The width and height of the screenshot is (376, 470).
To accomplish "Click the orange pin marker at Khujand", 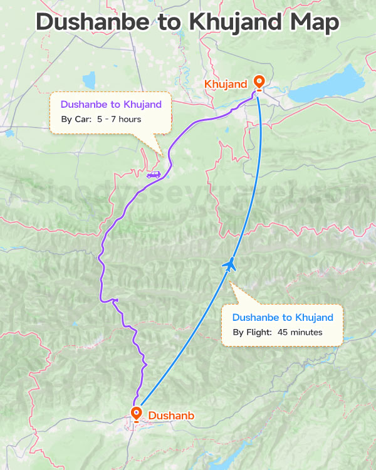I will click(x=259, y=82).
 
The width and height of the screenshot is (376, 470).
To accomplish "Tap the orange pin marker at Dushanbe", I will click(x=136, y=413).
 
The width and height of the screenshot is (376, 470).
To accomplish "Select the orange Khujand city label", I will click(x=226, y=84).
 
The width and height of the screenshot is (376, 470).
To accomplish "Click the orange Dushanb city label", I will click(x=171, y=415).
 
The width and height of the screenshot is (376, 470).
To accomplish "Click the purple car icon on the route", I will click(x=153, y=175).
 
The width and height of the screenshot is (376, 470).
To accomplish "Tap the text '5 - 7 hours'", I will click(x=119, y=119).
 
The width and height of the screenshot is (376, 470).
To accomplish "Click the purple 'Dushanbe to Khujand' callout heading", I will click(x=111, y=104).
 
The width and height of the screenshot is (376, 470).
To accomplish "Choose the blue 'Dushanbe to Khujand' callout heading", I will click(x=283, y=317).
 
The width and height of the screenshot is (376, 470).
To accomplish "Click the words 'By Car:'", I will click(x=76, y=119).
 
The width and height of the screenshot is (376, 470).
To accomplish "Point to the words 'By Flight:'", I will click(x=252, y=332).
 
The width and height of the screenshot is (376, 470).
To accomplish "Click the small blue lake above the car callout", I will click(x=89, y=80).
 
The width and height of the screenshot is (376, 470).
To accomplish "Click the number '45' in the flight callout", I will click(x=283, y=332).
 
